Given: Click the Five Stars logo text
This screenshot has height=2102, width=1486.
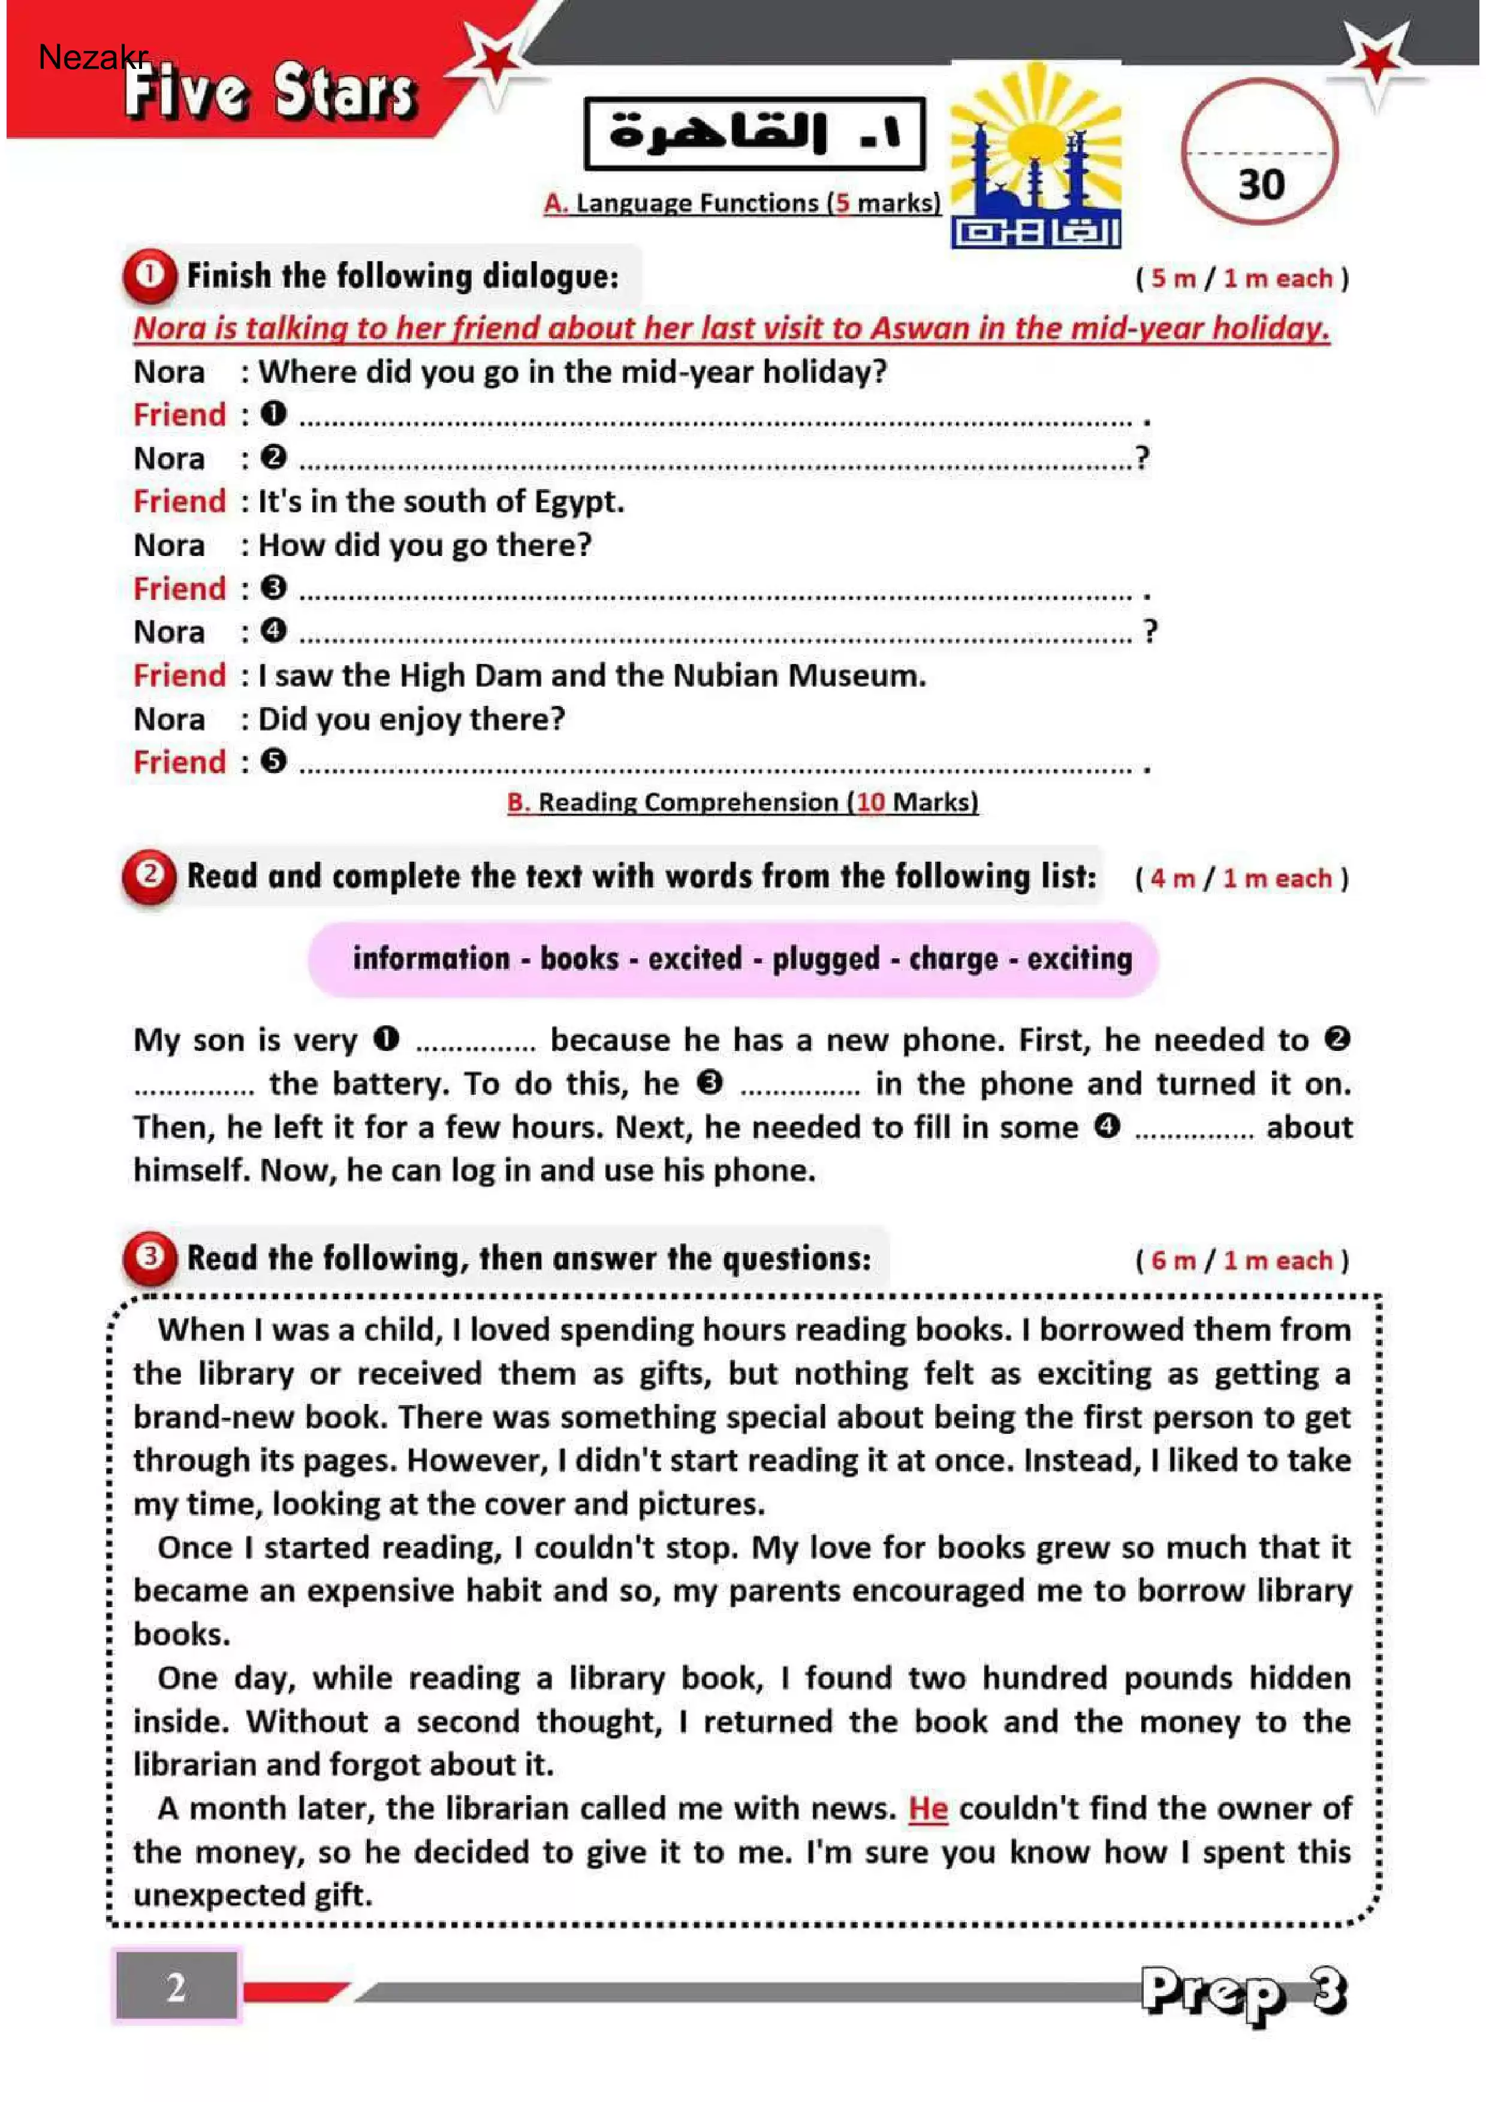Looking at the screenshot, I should (271, 92).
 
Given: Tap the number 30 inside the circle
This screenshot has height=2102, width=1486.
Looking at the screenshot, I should (1261, 185).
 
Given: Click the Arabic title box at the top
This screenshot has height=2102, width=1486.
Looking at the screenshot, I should (755, 134).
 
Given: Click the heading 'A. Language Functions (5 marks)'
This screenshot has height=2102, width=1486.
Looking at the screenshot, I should (742, 203).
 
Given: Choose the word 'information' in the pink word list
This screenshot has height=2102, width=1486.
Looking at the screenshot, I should (431, 959).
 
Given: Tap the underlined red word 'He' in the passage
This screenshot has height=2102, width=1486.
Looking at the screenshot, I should (927, 1808).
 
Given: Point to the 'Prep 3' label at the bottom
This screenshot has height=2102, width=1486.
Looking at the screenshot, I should (1243, 1993).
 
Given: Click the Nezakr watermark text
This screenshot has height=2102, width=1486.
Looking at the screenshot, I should (92, 57).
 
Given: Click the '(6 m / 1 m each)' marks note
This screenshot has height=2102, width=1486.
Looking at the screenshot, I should (1241, 1261).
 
